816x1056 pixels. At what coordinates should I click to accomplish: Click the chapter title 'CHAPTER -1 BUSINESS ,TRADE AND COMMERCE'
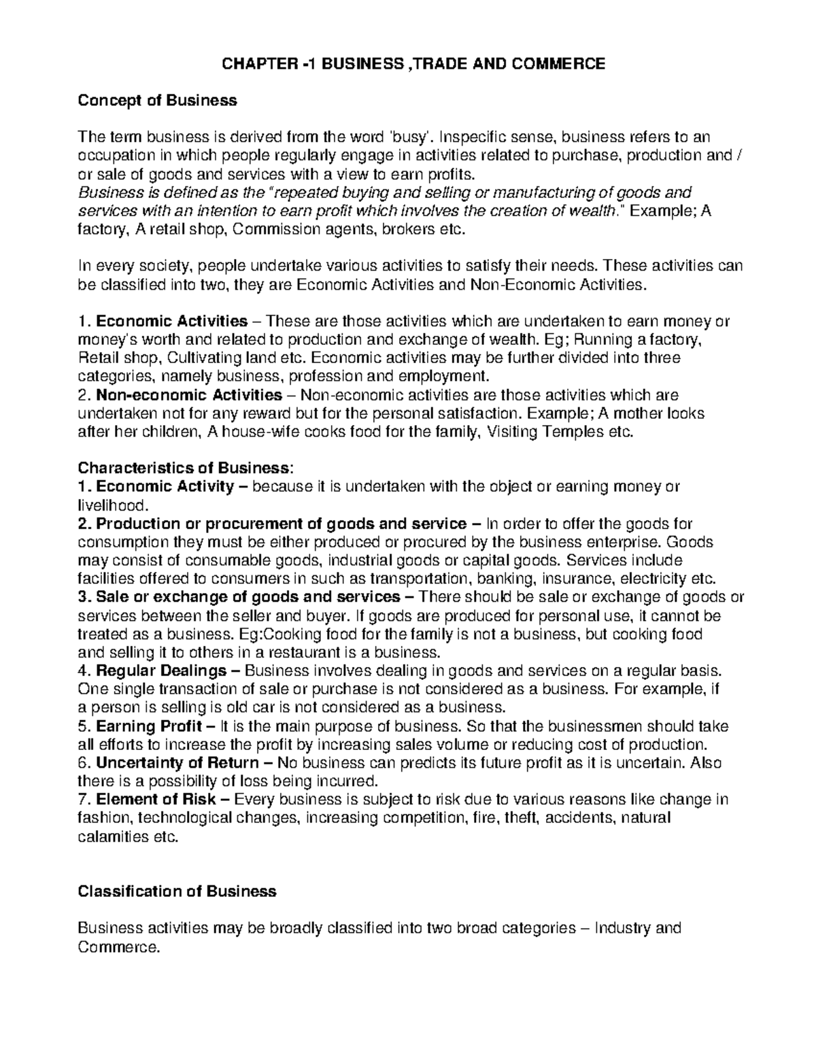click(409, 64)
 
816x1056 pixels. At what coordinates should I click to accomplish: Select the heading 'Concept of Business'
click(157, 101)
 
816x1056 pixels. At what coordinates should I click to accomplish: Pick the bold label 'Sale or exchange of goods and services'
click(248, 597)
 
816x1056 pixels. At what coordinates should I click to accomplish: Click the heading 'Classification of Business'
click(177, 891)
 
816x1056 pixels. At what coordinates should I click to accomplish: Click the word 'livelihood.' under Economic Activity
click(112, 505)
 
